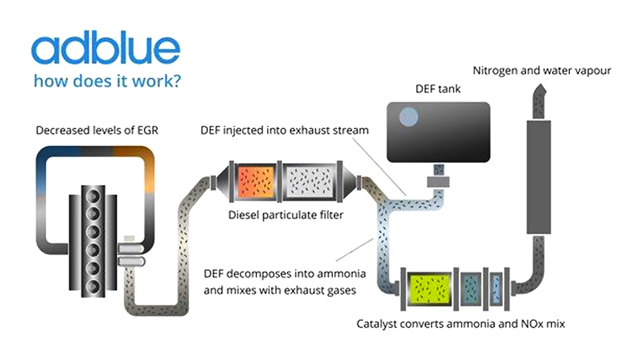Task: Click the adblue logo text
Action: (x=105, y=51)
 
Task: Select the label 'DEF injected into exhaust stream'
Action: (x=284, y=130)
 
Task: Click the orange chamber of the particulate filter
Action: (x=252, y=181)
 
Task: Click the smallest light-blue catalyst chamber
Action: (x=493, y=287)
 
